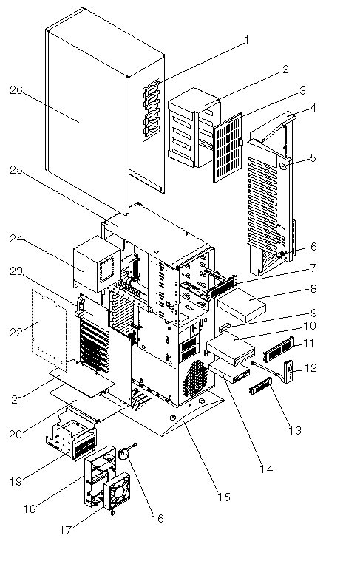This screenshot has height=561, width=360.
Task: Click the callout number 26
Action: click(16, 89)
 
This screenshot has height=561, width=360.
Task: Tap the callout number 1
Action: click(246, 40)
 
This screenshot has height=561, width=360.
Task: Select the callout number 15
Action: click(224, 497)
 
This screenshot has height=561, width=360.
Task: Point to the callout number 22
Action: click(16, 332)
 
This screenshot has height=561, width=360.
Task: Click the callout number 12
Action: click(310, 368)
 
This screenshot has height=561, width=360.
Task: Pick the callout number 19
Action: click(16, 482)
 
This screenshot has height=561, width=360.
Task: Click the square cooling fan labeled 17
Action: click(118, 491)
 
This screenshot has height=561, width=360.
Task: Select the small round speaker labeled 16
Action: click(124, 453)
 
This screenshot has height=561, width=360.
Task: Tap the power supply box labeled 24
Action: click(97, 264)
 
